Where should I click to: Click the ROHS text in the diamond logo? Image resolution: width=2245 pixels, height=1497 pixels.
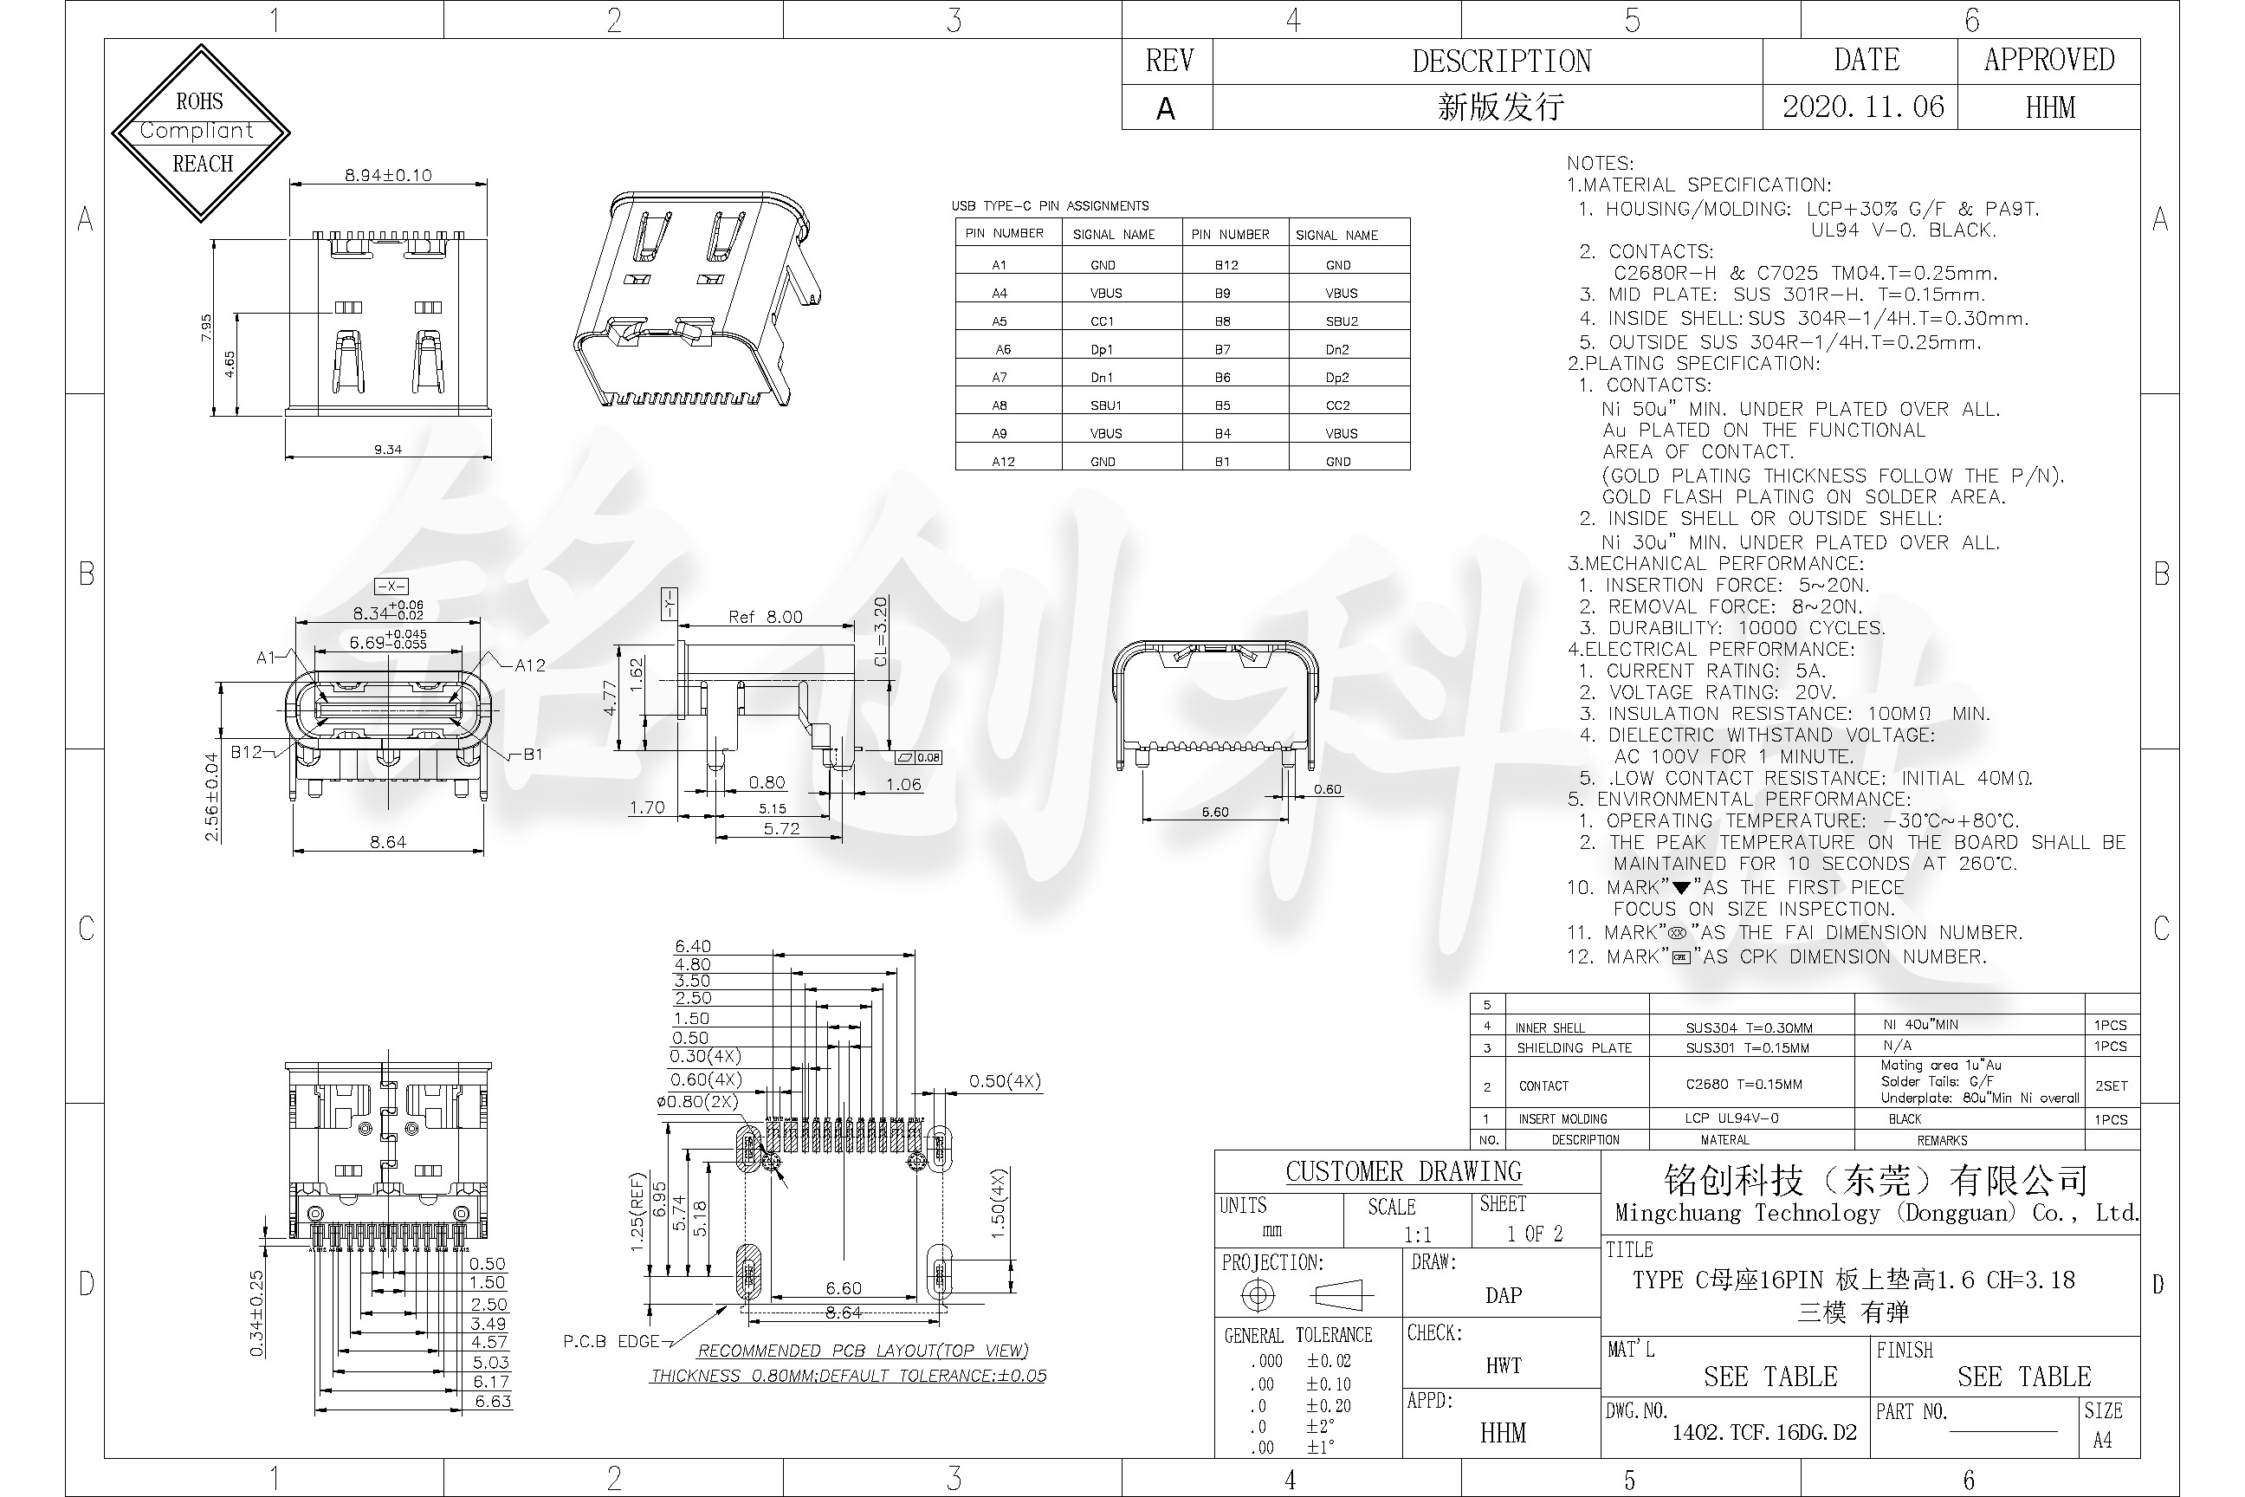coord(198,101)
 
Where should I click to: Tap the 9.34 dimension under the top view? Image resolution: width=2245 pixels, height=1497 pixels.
coord(387,449)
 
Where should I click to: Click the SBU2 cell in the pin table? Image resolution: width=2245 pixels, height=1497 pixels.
coord(1341,321)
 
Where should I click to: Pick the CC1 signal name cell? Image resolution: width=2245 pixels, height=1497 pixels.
coord(1102,321)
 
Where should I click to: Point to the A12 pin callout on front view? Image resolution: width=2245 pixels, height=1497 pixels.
coord(530,665)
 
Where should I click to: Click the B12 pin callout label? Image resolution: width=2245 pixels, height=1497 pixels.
coord(246,752)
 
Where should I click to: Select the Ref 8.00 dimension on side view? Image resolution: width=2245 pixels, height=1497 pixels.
coord(766,617)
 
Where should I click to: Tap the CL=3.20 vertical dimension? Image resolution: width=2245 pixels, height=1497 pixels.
coord(880,631)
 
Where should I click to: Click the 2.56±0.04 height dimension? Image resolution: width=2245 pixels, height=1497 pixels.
coord(212,797)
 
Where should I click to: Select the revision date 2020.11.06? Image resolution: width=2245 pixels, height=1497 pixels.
coord(1862,107)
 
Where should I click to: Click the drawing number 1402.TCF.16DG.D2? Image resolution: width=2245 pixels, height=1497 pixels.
coord(1764,1432)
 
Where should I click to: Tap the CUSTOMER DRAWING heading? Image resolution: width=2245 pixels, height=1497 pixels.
coord(1403,1171)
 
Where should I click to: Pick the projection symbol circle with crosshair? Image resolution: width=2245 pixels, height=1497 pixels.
coord(1257,1295)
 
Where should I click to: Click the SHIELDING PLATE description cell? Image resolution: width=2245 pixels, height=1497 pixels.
coord(1574,1047)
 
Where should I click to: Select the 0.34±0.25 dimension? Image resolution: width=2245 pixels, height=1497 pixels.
coord(256,1312)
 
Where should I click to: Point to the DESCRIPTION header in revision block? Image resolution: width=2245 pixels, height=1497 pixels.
coord(1502,62)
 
